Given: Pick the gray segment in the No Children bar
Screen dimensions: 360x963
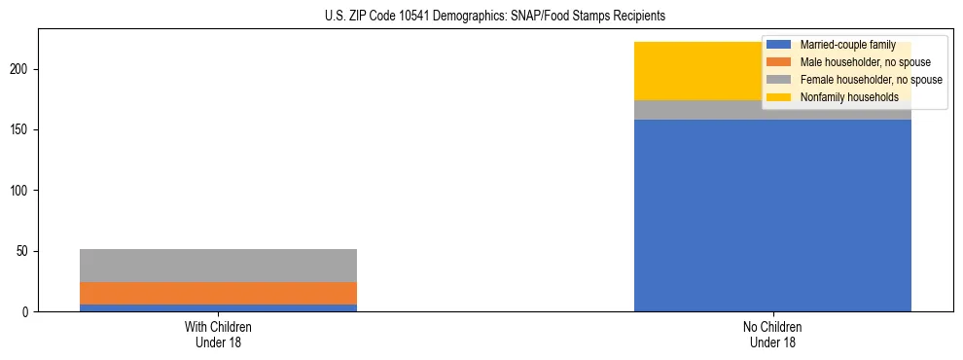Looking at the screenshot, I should coord(700,110).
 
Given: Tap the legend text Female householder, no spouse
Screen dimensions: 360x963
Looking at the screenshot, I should coord(870,80).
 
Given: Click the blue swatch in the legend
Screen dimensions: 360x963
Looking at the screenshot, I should coord(778,45).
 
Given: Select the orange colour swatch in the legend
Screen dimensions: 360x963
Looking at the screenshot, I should coord(778,62).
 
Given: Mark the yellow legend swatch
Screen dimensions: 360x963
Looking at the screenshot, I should coord(778,97).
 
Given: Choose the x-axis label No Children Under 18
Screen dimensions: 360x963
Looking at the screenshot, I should coord(772,334).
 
